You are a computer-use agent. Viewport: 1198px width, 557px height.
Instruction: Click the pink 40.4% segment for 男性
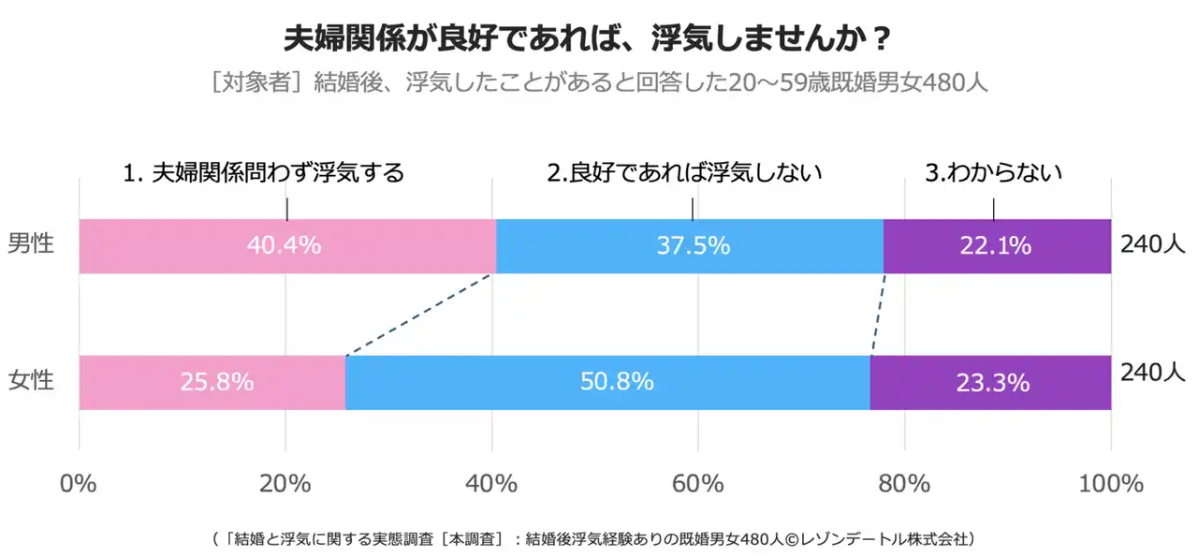(x=286, y=246)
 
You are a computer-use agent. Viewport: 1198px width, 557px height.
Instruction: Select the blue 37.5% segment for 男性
(x=690, y=246)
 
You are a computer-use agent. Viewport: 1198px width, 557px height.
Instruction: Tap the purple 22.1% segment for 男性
(x=997, y=246)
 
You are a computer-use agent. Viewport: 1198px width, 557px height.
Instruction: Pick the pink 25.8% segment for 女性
(x=212, y=383)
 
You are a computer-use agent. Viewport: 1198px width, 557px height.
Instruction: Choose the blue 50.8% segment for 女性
(x=607, y=383)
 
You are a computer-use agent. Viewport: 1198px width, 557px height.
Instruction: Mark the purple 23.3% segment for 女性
(x=990, y=383)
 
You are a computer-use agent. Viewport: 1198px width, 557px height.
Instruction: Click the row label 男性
(x=31, y=244)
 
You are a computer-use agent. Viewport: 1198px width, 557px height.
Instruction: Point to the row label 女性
(x=31, y=381)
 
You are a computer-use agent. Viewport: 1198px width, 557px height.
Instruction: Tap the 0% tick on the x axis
(x=79, y=484)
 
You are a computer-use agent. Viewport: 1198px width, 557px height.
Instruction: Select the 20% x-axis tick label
(x=285, y=484)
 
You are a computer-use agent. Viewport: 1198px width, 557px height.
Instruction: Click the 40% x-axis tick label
(x=491, y=484)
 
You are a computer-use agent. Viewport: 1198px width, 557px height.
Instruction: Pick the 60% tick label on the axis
(x=698, y=484)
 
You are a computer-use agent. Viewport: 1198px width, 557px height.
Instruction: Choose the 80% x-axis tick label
(x=904, y=484)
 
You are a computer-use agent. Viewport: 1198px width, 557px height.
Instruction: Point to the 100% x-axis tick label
(x=1111, y=484)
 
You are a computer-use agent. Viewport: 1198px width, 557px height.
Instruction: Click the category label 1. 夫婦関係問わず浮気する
(x=264, y=173)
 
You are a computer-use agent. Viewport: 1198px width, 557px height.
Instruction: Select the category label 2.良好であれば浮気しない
(x=684, y=173)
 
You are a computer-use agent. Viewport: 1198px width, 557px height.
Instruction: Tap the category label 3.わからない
(x=993, y=173)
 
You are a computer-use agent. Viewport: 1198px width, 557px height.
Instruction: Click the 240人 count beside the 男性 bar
(x=1153, y=244)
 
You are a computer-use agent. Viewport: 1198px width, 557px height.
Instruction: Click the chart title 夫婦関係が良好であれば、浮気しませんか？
(x=587, y=40)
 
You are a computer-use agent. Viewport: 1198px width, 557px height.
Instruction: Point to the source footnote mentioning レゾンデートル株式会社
(x=594, y=538)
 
